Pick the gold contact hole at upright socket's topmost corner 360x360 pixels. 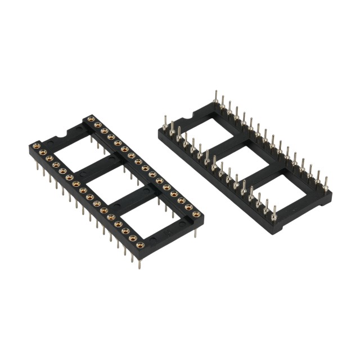tap(91, 119)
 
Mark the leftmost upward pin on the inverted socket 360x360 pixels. tap(165, 120)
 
